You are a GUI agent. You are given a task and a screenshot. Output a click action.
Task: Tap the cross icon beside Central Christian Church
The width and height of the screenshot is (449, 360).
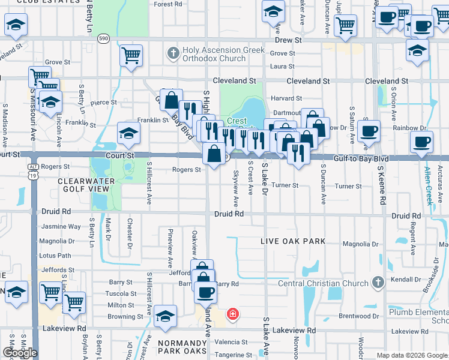point(378,281)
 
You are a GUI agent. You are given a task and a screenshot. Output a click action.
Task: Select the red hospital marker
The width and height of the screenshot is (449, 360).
point(232,313)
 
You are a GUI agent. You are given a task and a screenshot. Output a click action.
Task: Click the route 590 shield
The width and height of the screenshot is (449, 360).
point(104,38)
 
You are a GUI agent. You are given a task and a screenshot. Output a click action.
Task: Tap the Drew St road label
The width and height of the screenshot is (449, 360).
point(289,40)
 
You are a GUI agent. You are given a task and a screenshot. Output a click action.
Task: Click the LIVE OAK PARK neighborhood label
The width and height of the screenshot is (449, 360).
point(293,241)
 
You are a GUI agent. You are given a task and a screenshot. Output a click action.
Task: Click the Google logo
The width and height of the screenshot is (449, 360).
point(19,353)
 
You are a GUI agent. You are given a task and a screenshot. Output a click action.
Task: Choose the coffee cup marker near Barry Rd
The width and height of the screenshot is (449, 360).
point(205,292)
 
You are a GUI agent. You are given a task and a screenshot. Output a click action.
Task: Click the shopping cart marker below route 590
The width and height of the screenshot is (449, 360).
point(131,56)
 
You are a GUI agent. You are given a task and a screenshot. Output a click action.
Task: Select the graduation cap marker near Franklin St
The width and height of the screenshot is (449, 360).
point(128,134)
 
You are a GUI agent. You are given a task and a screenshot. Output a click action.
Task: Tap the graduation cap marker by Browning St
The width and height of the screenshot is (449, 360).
point(165,316)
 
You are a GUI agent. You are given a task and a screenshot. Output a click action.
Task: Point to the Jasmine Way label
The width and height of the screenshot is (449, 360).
point(61,227)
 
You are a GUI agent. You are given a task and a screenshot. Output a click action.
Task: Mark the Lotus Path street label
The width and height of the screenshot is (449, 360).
point(55,256)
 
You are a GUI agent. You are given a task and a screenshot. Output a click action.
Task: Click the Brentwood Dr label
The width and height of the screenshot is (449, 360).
point(360,316)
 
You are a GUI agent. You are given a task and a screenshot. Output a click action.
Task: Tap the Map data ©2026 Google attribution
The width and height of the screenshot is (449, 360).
point(412,355)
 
